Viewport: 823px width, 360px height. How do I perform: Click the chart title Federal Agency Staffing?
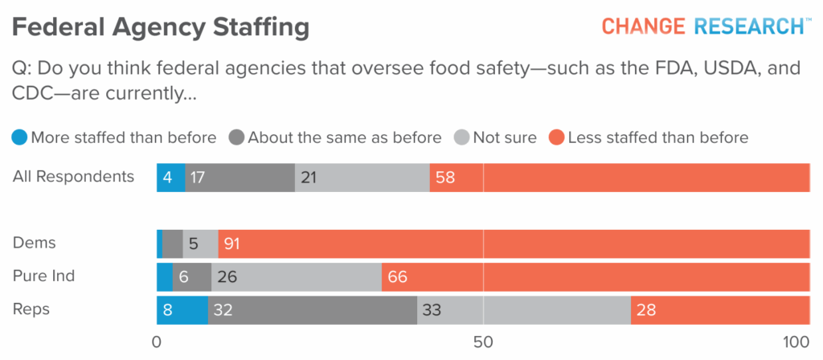click(161, 27)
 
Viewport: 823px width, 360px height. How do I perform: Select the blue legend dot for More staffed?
click(19, 137)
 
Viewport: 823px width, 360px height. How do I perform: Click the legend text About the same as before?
click(345, 137)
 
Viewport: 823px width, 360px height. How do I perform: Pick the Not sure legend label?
click(504, 137)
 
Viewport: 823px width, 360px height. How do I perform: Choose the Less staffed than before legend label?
click(657, 137)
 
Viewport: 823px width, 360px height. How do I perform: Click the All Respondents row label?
click(73, 177)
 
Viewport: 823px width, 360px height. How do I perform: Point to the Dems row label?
click(35, 242)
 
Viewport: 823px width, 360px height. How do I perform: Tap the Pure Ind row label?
click(44, 276)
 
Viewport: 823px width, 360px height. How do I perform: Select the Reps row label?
click(31, 309)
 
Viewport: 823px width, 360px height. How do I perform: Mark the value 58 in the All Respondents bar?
click(445, 178)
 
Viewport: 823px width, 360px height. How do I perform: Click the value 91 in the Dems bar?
click(233, 243)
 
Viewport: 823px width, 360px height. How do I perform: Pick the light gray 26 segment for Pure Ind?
click(296, 276)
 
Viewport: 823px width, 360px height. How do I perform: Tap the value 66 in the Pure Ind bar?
click(397, 276)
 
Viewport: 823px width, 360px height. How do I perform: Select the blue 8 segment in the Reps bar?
click(182, 310)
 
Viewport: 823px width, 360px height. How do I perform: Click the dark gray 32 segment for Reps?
click(312, 310)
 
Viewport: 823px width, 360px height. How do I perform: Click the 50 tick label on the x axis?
click(483, 341)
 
